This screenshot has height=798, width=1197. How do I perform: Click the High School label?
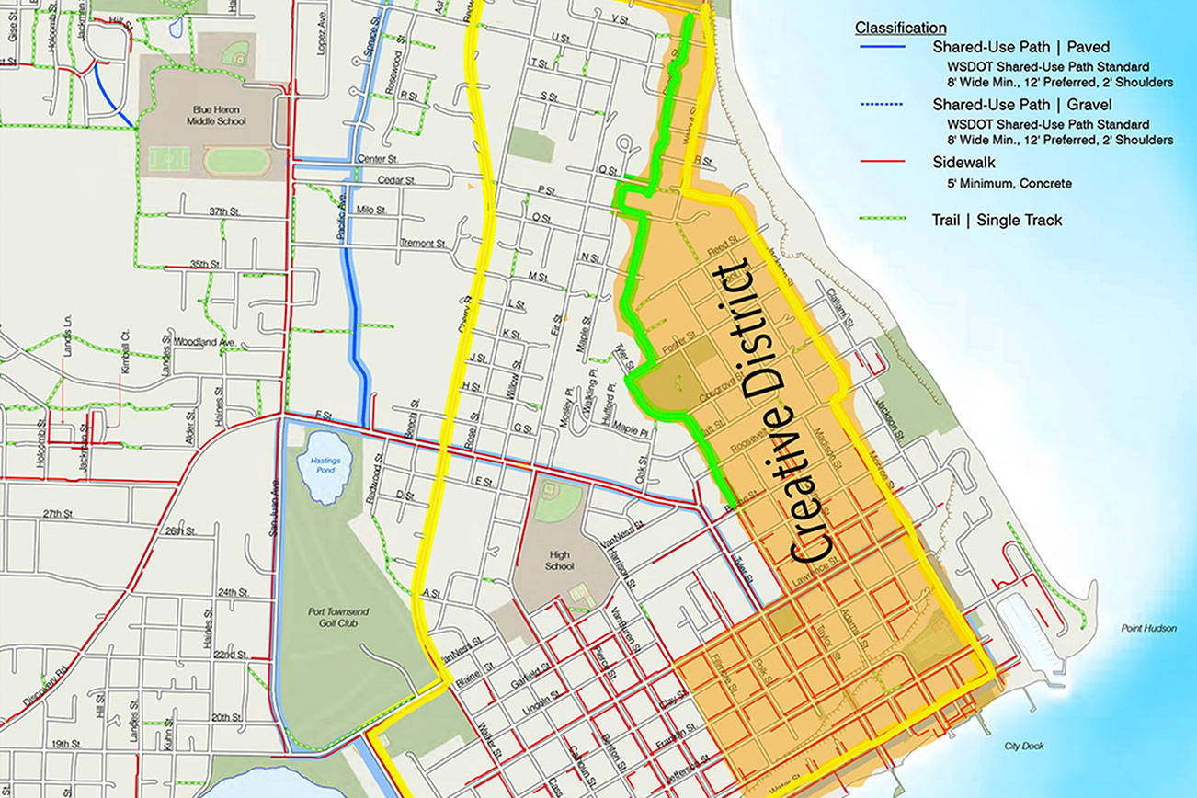tap(558, 560)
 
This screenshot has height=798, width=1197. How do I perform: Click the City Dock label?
tap(1025, 746)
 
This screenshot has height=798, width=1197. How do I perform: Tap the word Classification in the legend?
tap(900, 28)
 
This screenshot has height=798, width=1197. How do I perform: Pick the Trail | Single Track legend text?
tap(997, 220)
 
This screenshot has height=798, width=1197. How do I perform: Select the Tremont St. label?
tap(422, 244)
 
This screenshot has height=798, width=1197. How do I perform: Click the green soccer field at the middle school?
tap(169, 159)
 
